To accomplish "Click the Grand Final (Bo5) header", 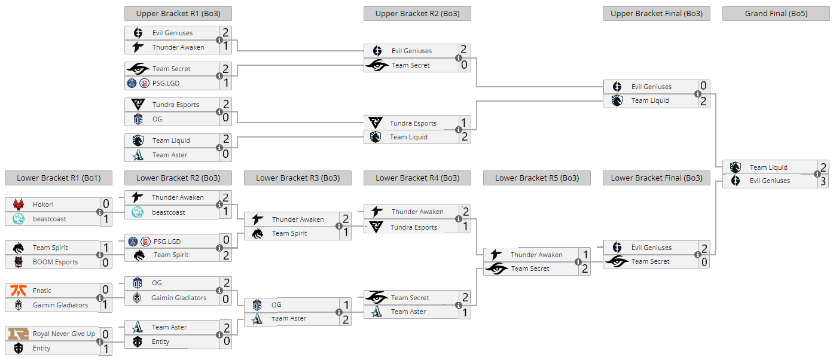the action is coord(776,13).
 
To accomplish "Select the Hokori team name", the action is coord(43,205).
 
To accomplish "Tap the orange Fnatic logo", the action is coord(19,290).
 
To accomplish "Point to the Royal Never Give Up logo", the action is coord(19,334).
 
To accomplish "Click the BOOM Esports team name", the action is coord(55,262).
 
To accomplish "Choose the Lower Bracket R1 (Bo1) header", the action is coord(59,178).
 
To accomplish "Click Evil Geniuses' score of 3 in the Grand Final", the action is coord(823,181).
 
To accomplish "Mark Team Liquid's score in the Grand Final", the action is coord(823,167).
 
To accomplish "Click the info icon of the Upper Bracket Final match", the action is coord(697,94).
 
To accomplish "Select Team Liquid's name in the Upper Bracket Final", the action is coord(650,100).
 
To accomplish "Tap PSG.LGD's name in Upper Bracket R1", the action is coord(166,83).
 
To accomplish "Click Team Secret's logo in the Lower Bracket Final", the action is coord(617,261).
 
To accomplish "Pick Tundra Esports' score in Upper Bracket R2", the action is coord(463,123).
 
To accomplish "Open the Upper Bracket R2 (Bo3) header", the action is coord(417,13).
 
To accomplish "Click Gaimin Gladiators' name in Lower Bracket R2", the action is coord(179,298).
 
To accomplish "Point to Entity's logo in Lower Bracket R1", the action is coord(19,348).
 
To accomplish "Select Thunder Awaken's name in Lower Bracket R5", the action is coord(536,255).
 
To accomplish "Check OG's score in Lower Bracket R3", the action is coord(346,305).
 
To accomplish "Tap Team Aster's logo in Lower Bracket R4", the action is coord(377,312).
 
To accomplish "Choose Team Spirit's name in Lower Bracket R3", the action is coord(289,234).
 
